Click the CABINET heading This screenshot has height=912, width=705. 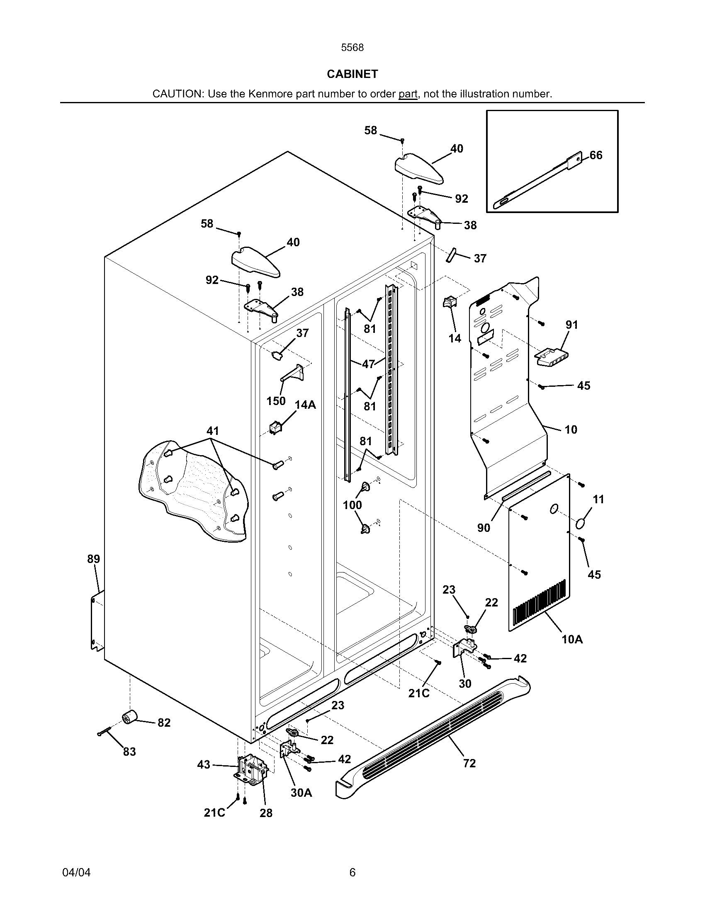coord(352,74)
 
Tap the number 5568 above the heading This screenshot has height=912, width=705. coord(352,48)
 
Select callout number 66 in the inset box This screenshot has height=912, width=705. coord(596,155)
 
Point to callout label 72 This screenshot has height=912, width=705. coord(469,763)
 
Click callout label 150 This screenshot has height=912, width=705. coord(276,401)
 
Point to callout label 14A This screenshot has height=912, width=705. coord(305,405)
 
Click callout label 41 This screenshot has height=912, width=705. coord(213,431)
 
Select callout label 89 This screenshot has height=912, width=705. coord(94,559)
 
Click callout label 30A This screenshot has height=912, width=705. coord(301,793)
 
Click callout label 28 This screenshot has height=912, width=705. coord(266,813)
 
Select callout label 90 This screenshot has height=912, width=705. coord(484,528)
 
